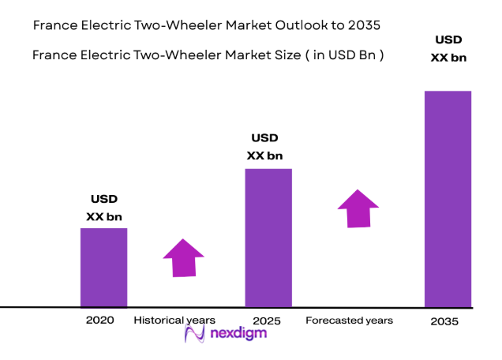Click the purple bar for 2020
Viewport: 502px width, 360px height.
point(103,267)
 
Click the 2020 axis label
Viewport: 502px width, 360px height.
point(100,320)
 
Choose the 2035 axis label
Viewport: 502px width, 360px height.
point(444,321)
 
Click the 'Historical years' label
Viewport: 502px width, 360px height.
point(174,320)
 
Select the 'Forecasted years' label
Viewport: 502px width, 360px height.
point(349,320)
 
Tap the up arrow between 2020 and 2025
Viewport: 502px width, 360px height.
point(183,257)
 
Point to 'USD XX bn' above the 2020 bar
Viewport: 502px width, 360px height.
point(103,208)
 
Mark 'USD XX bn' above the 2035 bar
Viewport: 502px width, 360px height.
point(448,48)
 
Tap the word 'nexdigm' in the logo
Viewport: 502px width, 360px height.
point(238,334)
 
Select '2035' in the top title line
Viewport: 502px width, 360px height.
point(365,25)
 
